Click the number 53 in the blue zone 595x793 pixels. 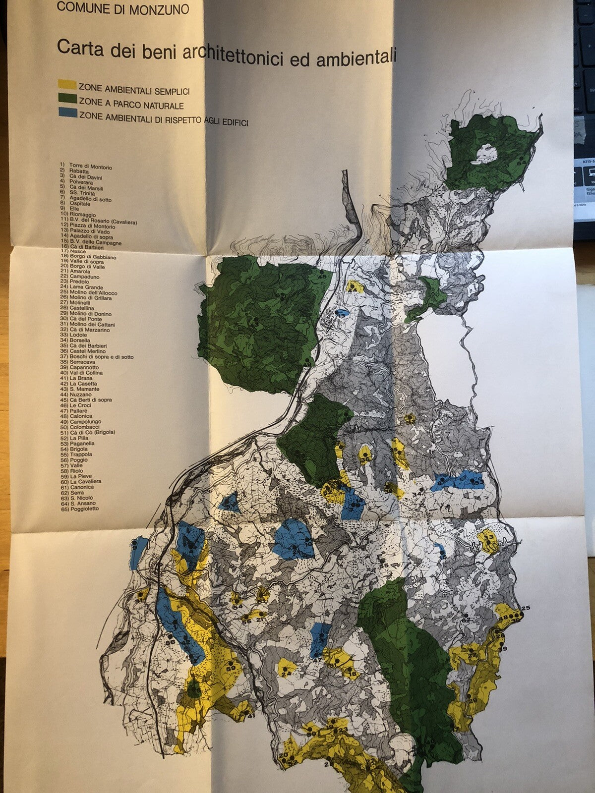478,482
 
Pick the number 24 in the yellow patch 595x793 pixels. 286,674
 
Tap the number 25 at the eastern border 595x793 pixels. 526,608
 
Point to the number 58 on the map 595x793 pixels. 170,642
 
